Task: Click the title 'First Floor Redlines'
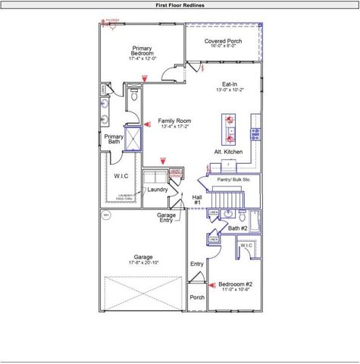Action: click(x=180, y=5)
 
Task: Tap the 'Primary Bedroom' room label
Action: click(x=142, y=51)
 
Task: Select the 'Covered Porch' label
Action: click(x=223, y=42)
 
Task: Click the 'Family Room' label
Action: click(x=174, y=121)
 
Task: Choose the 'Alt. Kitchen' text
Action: click(x=227, y=152)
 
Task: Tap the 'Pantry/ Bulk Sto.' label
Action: click(x=233, y=180)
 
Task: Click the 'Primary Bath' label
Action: click(x=114, y=139)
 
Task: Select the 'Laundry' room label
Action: click(x=157, y=190)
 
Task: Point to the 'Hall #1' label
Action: click(x=196, y=199)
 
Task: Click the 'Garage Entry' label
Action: click(x=166, y=218)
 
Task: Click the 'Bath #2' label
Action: click(x=238, y=228)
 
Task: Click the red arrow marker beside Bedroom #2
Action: click(x=212, y=286)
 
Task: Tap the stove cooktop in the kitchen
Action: click(x=255, y=134)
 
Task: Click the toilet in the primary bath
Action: click(x=133, y=96)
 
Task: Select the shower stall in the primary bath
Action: click(x=133, y=139)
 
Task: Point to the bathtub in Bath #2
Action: click(x=257, y=221)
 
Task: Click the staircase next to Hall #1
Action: click(x=227, y=199)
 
